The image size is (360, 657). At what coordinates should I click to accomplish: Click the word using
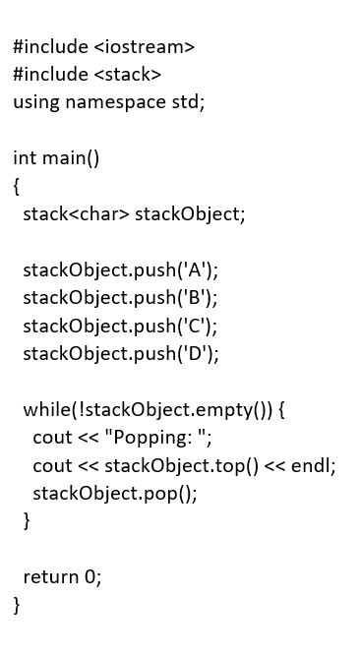tap(36, 101)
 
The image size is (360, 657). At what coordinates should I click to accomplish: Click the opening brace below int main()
tap(17, 185)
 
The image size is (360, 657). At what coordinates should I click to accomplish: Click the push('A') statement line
tap(120, 269)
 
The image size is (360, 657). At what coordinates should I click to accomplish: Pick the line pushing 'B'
tap(120, 297)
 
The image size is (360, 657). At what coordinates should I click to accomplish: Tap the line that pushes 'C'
tap(120, 325)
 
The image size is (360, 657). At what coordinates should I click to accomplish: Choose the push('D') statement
tap(121, 352)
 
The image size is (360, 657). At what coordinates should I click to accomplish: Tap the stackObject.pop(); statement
tap(115, 493)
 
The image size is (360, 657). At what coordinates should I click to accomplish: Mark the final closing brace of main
tap(17, 604)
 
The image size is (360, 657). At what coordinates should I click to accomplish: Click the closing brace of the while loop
tap(27, 520)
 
